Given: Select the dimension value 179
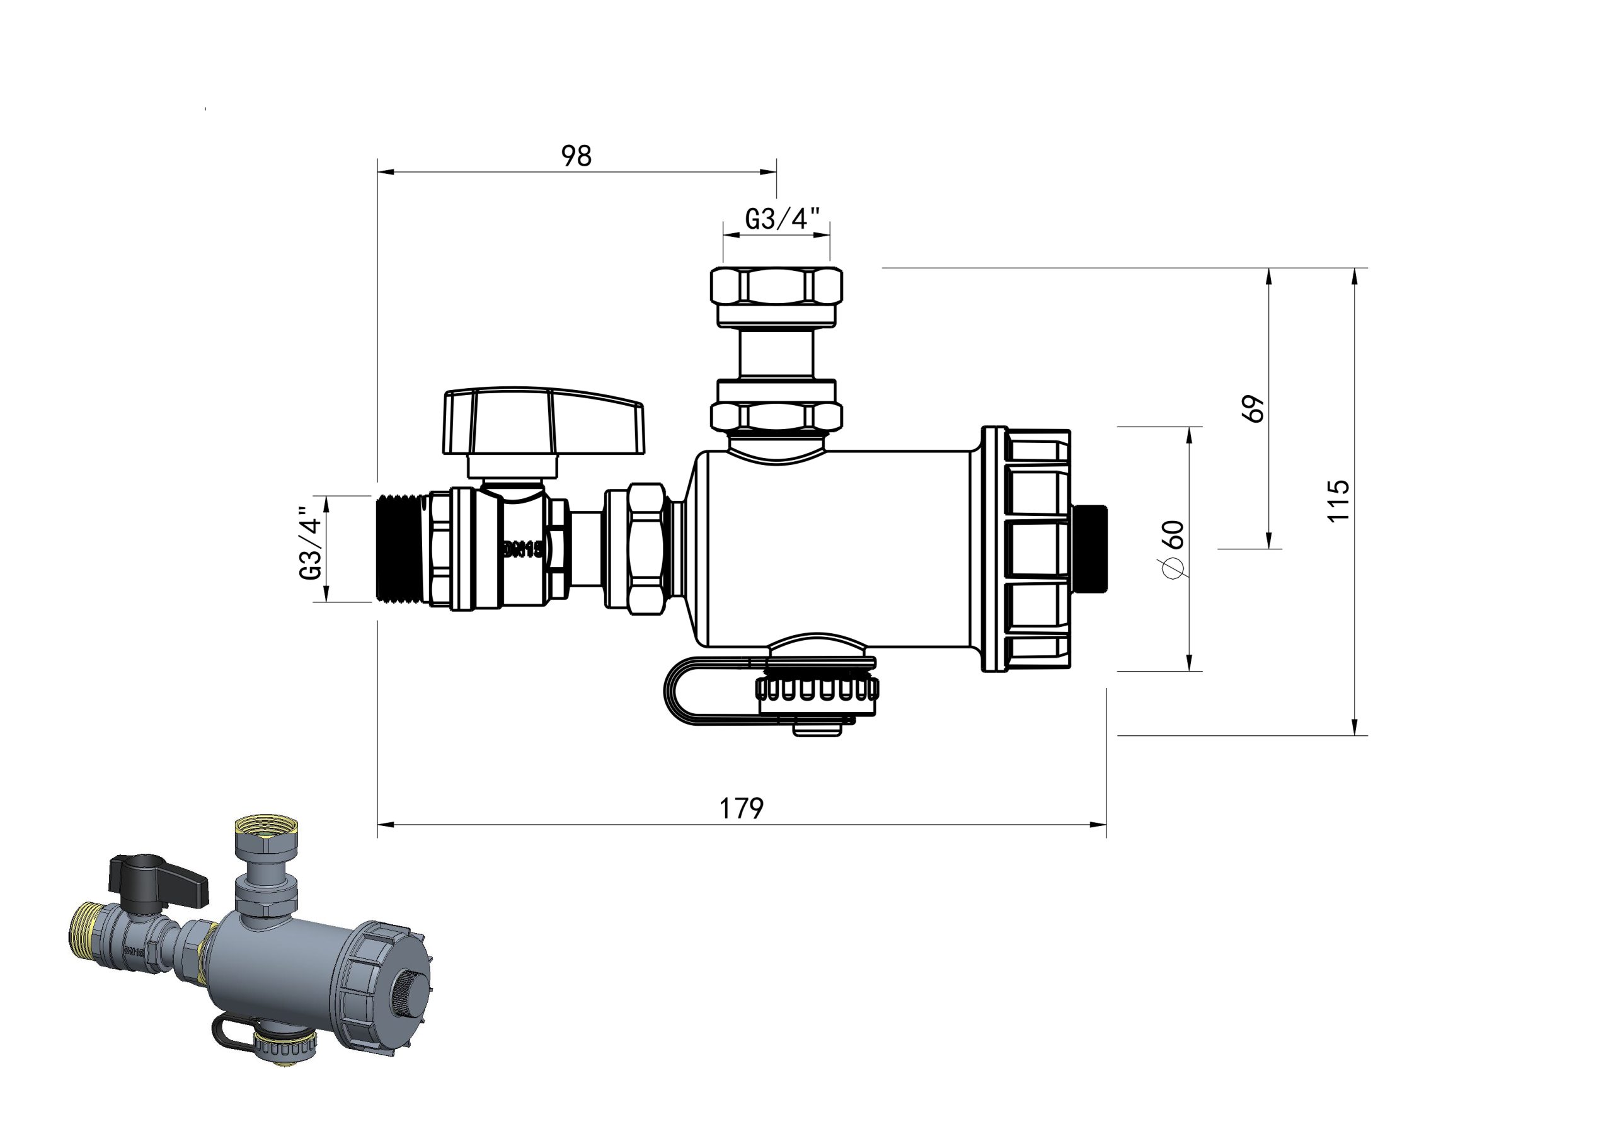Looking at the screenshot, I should pos(740,808).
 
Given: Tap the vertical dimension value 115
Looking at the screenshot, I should pos(1338,500).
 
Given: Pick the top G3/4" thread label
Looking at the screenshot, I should pos(783,219).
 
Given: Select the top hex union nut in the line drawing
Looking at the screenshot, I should pos(776,286).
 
